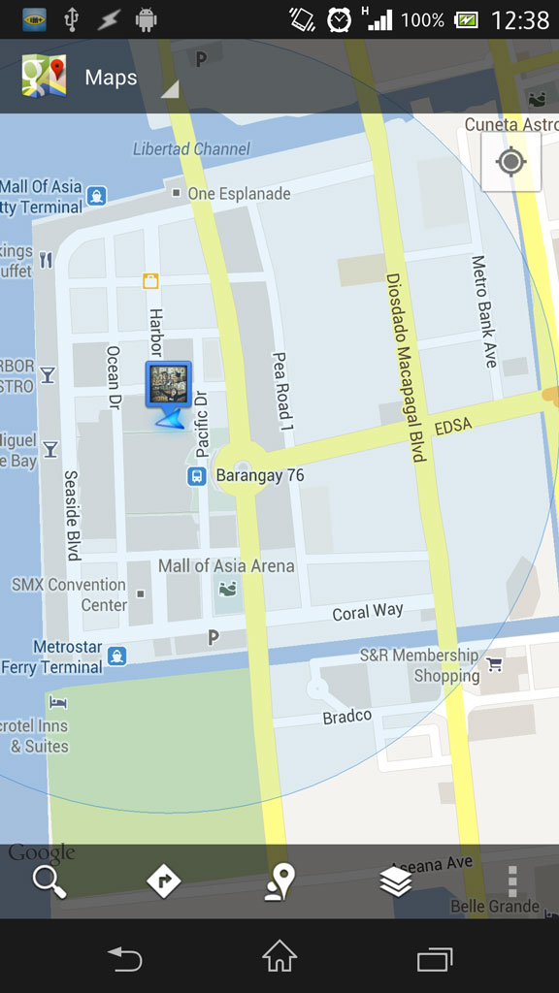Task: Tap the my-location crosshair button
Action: tap(510, 161)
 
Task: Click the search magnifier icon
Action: tap(49, 881)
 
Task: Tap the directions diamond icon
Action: tap(164, 881)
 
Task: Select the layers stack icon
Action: tap(396, 881)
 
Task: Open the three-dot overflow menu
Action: tap(512, 881)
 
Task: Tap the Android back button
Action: tap(125, 959)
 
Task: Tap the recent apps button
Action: tap(434, 959)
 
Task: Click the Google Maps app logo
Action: tap(44, 78)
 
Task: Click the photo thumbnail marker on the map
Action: tap(169, 385)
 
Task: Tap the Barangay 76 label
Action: tap(259, 476)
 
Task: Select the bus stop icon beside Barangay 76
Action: tap(196, 476)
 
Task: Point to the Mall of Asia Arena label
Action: tap(226, 565)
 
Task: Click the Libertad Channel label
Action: tap(191, 149)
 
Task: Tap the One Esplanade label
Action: tap(239, 194)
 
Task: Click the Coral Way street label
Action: tap(367, 612)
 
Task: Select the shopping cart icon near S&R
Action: tap(495, 664)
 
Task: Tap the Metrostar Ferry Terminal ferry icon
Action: tap(117, 657)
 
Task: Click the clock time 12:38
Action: tap(519, 19)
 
